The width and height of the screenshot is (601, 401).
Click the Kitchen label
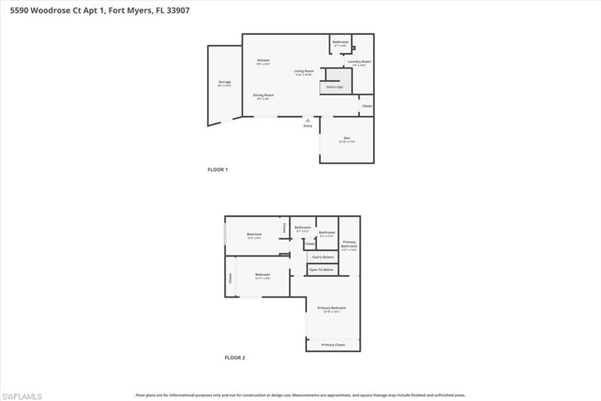[x=263, y=61]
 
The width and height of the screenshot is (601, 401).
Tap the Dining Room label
[x=263, y=95]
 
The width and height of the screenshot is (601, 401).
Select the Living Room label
[x=304, y=71]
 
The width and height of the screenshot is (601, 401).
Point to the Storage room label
[x=224, y=82]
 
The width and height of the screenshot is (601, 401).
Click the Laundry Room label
[x=359, y=62]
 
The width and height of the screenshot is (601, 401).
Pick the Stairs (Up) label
[x=335, y=88]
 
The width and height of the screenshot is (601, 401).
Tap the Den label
[x=347, y=138]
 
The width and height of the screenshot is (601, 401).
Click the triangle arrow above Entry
[x=308, y=120]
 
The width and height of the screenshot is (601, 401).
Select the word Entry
[x=308, y=126]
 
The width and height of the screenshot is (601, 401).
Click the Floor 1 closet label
[x=367, y=106]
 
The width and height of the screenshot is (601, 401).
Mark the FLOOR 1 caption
[x=217, y=170]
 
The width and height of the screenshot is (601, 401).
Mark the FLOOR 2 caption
[x=235, y=357]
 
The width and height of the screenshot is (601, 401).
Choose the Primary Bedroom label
[x=332, y=308]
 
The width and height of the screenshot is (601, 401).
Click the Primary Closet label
[x=333, y=345]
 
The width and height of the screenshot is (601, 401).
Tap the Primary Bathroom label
[x=349, y=244]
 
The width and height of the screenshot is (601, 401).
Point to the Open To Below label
[x=321, y=270]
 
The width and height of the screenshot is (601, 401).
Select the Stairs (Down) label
[x=322, y=258]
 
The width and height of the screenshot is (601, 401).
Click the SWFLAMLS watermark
[x=22, y=396]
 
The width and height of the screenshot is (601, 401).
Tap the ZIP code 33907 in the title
[x=177, y=10]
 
